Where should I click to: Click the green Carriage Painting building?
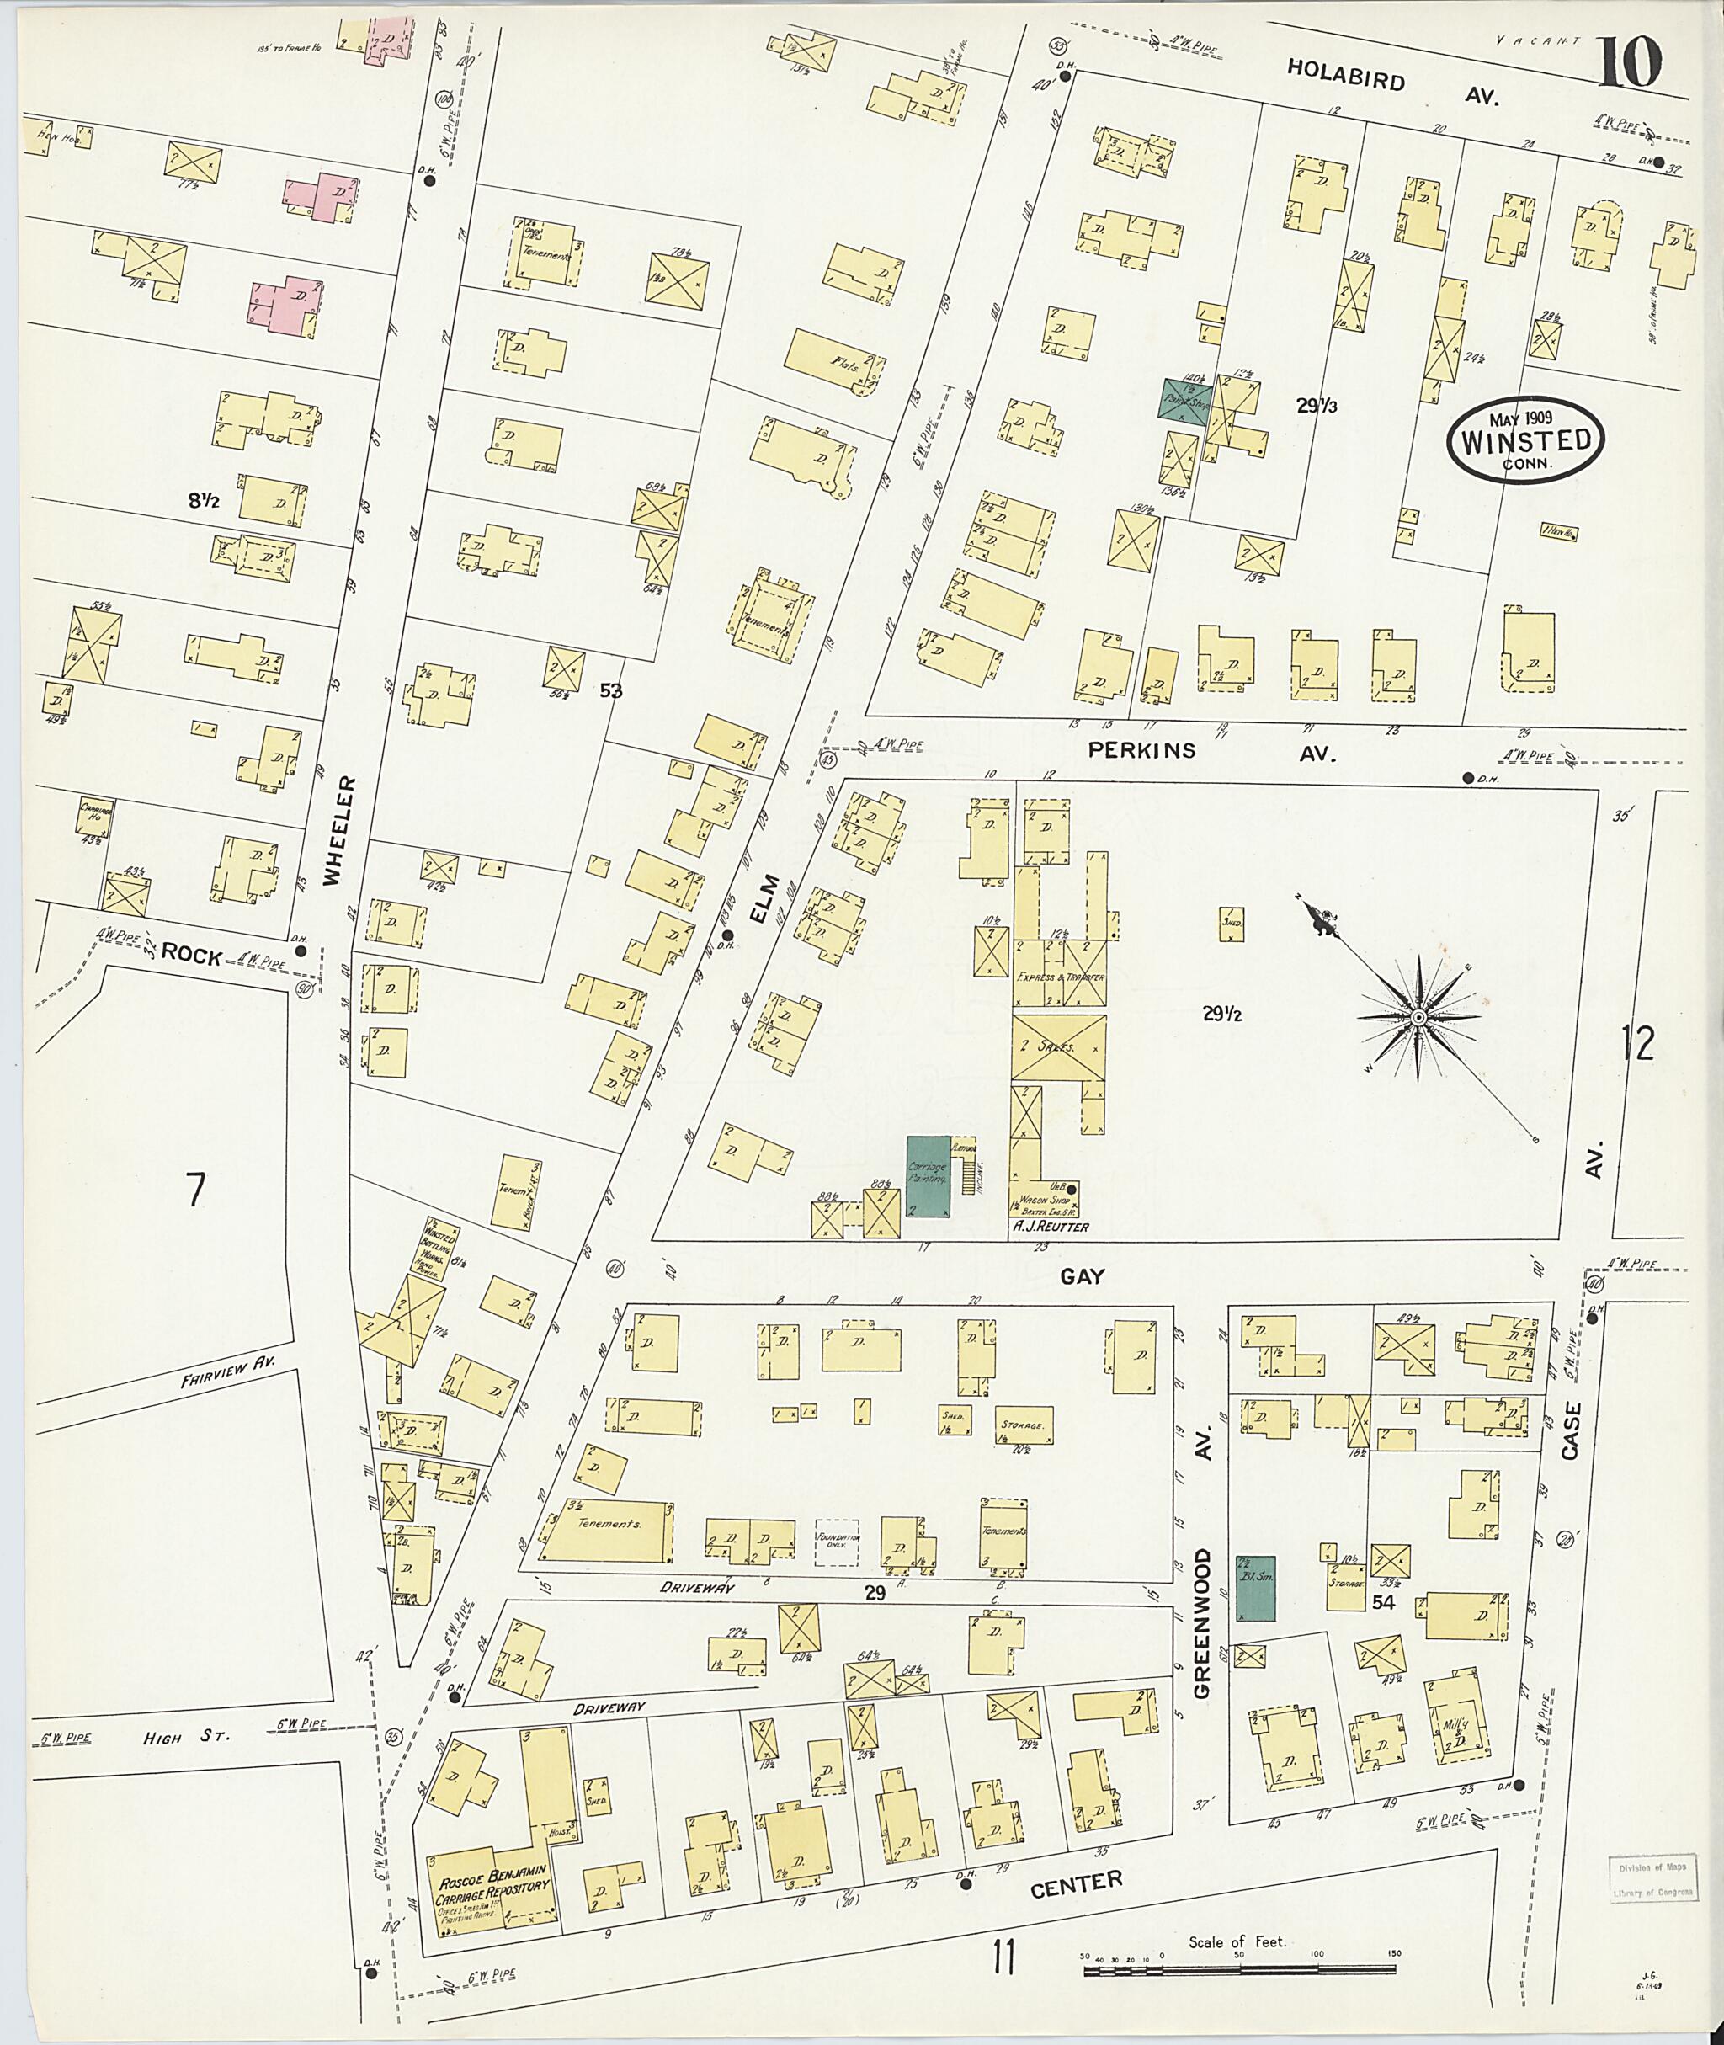tap(928, 1177)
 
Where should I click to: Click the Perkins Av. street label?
tap(1212, 752)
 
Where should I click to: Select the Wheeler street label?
tap(333, 831)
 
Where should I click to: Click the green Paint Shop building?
tap(1184, 399)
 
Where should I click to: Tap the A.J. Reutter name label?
tap(1051, 1227)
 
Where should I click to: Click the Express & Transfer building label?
tap(1060, 977)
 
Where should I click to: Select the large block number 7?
tap(196, 1190)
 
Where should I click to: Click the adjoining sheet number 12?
tap(1638, 1044)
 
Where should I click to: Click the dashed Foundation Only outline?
tap(838, 1543)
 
